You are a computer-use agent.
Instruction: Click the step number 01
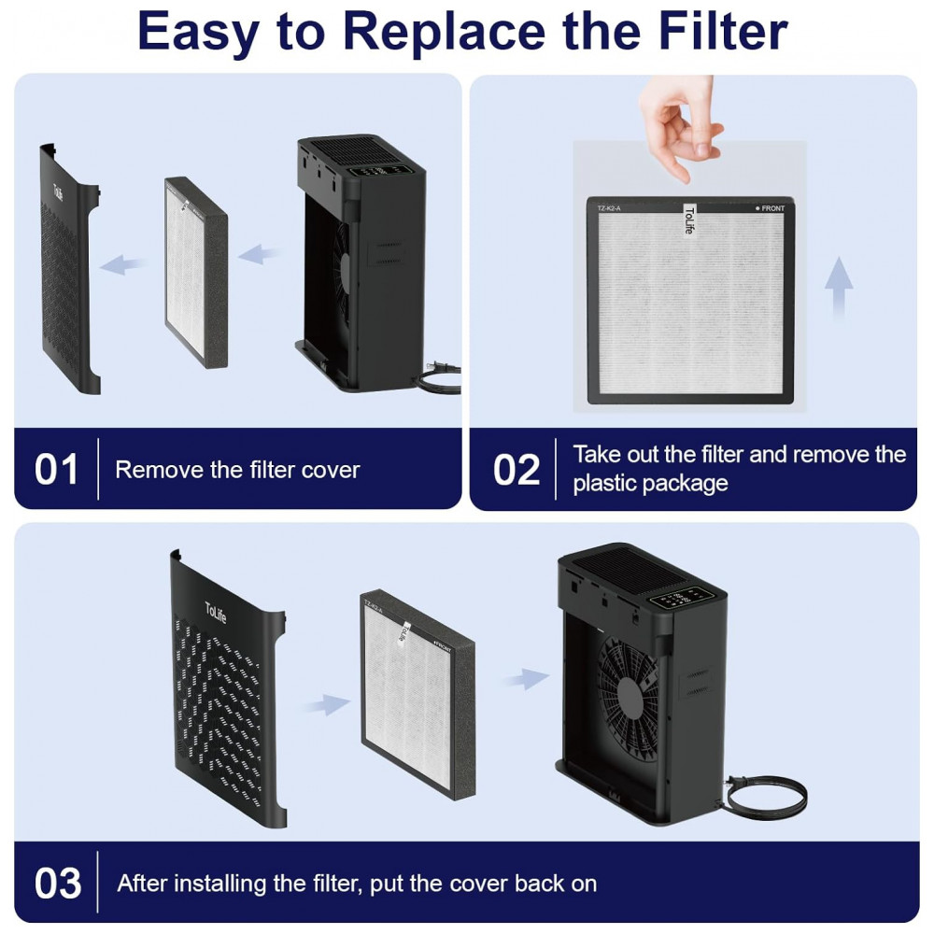coord(57,470)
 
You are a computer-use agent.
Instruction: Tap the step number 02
coord(516,470)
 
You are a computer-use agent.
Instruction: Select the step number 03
coord(58,883)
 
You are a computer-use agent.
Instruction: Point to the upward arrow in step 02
coord(838,287)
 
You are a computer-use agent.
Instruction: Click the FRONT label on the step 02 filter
coord(771,208)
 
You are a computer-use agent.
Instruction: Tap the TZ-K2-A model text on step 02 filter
coord(609,208)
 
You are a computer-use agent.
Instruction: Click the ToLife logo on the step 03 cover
coord(216,613)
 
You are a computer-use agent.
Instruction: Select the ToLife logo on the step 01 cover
coord(58,191)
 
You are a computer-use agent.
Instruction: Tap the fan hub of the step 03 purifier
coord(630,695)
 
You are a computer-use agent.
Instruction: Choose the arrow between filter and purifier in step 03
coord(527,678)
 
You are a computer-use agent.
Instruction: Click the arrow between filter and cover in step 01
coord(122,264)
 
